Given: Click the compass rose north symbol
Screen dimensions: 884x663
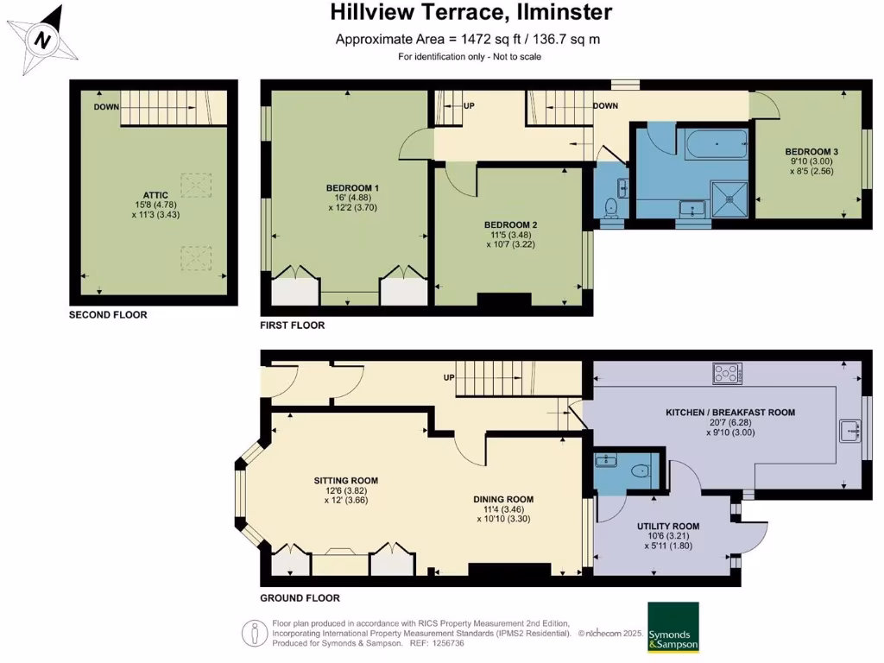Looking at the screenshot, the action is [x=43, y=40].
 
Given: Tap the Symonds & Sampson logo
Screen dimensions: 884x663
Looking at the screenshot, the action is [x=673, y=628].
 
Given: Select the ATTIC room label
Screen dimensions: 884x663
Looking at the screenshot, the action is [x=155, y=195].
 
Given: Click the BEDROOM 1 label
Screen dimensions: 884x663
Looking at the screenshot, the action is [x=352, y=187].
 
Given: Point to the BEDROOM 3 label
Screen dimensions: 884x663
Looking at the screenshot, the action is [x=811, y=152].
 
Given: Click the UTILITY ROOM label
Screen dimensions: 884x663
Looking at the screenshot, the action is [x=668, y=527].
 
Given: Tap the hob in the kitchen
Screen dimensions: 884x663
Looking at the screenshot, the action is [x=727, y=373].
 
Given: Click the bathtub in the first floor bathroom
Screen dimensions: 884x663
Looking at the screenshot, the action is [x=717, y=144].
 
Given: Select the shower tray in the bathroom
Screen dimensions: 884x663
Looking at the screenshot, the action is [x=729, y=199].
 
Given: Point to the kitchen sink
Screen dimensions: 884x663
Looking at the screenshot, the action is [x=849, y=432].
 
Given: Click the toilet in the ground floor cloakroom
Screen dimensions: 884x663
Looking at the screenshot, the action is [x=641, y=470].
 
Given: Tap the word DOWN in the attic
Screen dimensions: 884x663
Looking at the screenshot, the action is [x=106, y=107].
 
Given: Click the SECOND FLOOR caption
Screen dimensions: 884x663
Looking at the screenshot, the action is [x=108, y=315].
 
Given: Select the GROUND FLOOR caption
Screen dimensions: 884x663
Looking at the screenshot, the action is [x=300, y=598].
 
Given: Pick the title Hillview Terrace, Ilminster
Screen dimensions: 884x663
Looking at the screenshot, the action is [x=470, y=12].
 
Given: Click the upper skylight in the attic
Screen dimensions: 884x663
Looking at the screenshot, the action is [x=196, y=185].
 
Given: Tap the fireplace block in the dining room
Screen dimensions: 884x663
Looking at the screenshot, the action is [x=509, y=570].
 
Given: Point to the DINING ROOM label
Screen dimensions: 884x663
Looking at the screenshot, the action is [x=503, y=500].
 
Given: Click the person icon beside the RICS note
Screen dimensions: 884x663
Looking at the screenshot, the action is [x=255, y=634].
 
